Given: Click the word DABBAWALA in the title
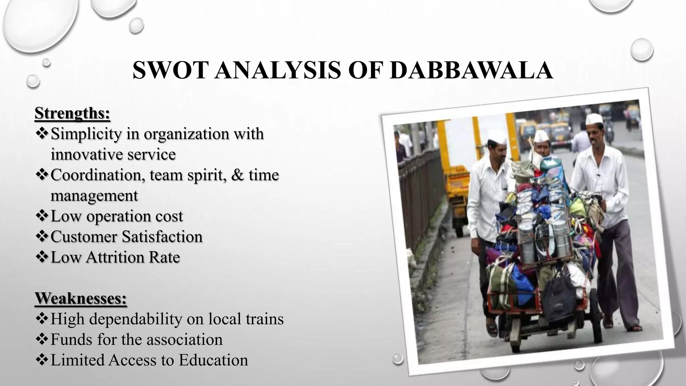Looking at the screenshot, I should (x=472, y=70).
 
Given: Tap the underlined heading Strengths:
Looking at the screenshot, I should (x=72, y=113).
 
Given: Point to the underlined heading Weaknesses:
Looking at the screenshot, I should (x=81, y=298).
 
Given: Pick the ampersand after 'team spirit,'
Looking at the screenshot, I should (x=237, y=175).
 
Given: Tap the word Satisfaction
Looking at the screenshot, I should (x=162, y=237).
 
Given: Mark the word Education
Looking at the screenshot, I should (x=213, y=360).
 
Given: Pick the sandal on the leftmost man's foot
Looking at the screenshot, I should (x=492, y=330).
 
